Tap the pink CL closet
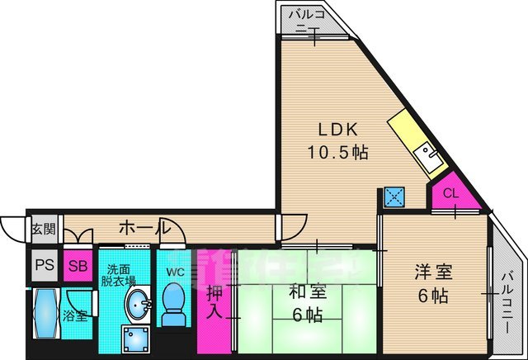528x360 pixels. point(450,195)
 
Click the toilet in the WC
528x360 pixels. point(173,306)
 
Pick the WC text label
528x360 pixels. point(174,272)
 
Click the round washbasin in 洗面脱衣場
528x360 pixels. point(138,305)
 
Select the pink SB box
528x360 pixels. point(78,266)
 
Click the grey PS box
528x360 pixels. point(44,266)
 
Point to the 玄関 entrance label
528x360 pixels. point(44,229)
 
